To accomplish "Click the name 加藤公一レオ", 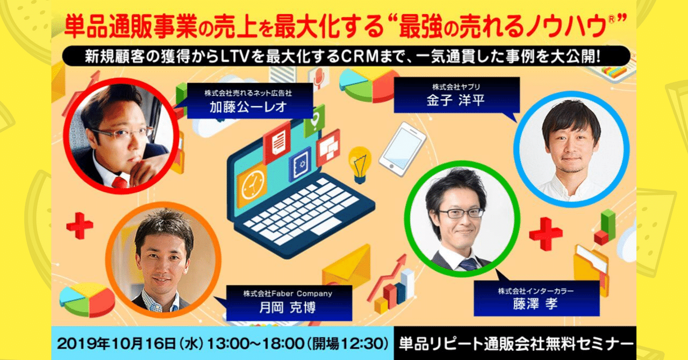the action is point(248,107).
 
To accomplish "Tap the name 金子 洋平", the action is point(456,100).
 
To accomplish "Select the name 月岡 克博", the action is point(288,307).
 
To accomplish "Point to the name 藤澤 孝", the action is point(535,304).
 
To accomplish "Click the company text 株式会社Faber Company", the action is point(288,294).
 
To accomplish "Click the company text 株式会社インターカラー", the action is point(536,290).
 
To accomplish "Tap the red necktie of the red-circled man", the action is point(119,183).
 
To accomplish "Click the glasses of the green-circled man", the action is point(461,213).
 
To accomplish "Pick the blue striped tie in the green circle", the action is point(468,264).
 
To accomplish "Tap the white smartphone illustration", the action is point(403,149).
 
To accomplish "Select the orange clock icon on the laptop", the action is point(253,185).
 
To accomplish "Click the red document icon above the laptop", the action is point(277,142).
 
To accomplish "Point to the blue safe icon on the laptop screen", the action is point(300,164).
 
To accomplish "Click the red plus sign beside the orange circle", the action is point(80,226).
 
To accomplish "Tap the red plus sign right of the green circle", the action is point(546,234).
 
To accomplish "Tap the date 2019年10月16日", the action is point(117,343).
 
